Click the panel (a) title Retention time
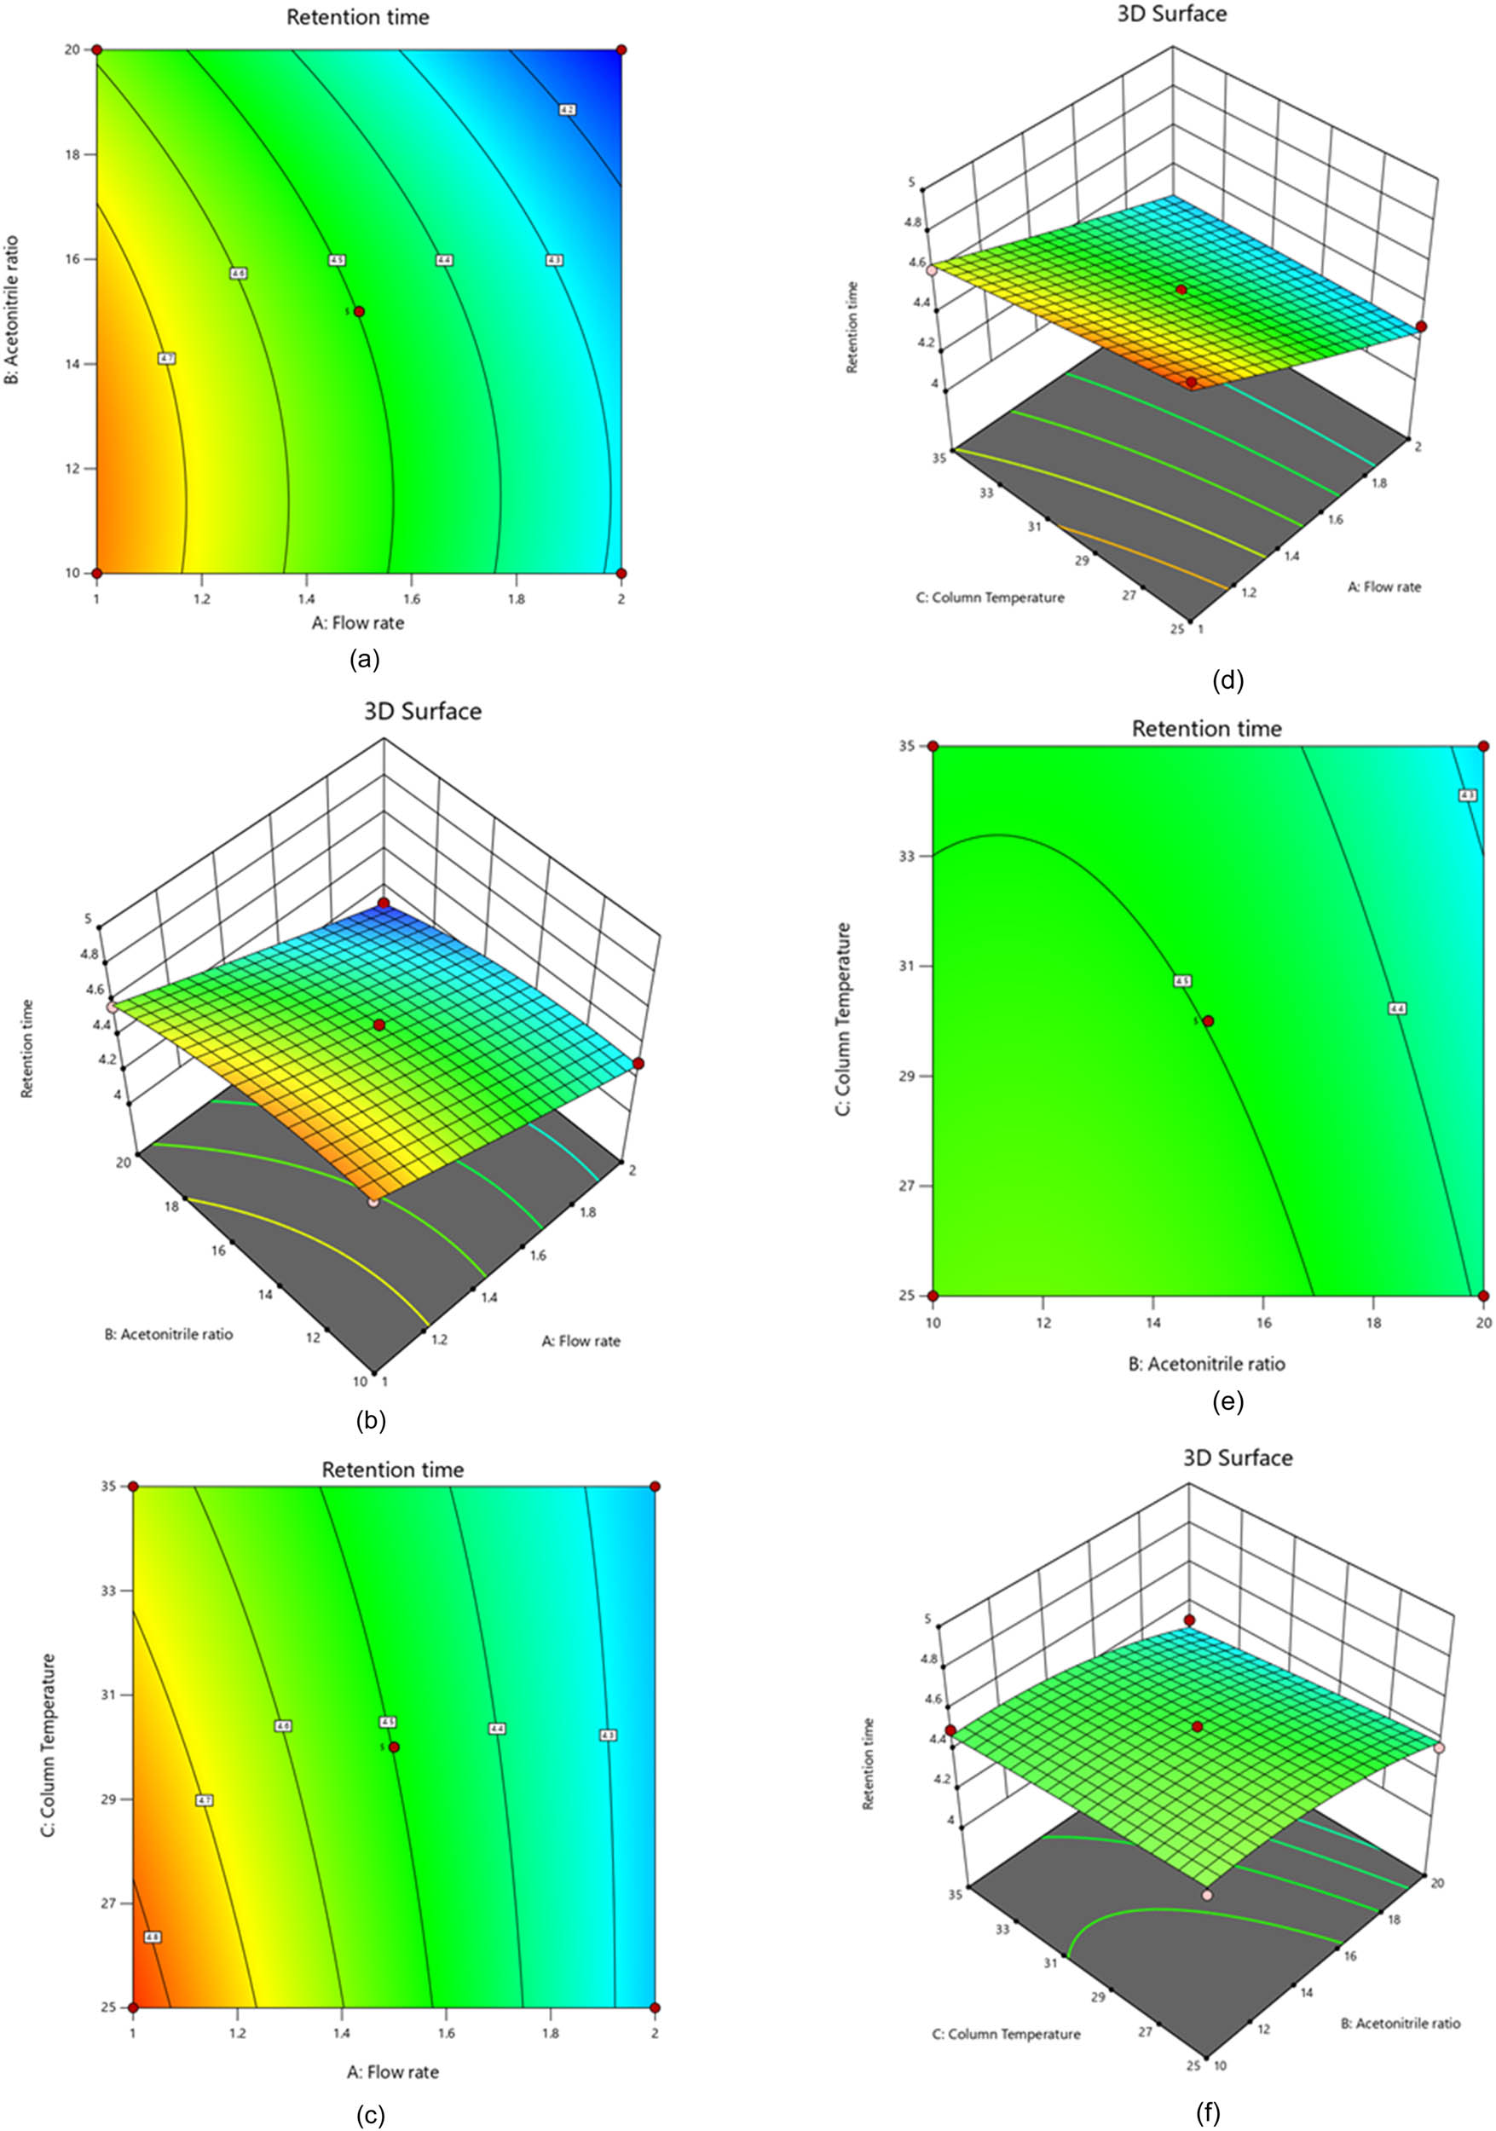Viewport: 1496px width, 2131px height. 357,17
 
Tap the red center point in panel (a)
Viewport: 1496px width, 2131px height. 359,312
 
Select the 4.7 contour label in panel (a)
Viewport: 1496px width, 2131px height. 167,358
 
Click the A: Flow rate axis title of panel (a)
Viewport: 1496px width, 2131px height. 357,623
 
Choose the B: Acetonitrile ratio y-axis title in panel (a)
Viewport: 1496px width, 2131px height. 12,311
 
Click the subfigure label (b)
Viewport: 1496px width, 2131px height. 370,1420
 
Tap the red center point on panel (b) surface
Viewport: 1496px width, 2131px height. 378,1025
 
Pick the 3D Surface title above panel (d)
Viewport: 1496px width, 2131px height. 1171,14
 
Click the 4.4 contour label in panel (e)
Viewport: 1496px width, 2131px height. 1397,1008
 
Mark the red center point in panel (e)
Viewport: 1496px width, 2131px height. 1209,1021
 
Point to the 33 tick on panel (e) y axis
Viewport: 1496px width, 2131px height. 908,856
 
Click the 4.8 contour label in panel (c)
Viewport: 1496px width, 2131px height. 153,1937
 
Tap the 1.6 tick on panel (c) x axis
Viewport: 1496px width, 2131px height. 447,2034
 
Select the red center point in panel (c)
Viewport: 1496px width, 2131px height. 394,1747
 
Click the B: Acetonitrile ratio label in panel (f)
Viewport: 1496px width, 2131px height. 1400,2023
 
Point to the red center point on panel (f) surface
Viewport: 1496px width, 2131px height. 1197,1726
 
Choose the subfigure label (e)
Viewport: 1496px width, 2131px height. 1227,1401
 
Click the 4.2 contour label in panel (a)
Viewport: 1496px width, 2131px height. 568,109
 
